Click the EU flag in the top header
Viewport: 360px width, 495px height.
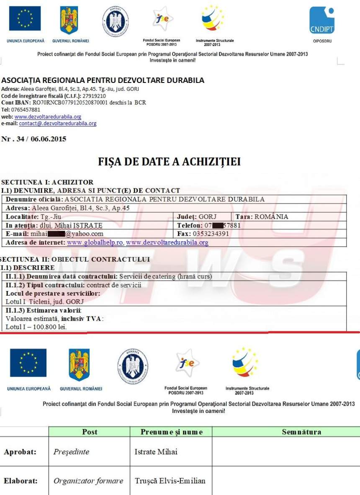[25, 19]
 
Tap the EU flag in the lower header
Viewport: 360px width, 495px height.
[28, 363]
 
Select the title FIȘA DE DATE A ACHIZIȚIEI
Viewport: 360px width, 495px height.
[169, 162]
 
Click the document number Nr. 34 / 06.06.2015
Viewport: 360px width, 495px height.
[33, 139]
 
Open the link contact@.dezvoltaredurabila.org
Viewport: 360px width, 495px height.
[58, 124]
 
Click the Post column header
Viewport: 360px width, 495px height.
[90, 432]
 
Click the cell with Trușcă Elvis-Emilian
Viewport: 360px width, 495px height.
[170, 481]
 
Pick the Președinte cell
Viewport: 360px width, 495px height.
[71, 452]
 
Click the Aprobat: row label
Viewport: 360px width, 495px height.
[20, 452]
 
